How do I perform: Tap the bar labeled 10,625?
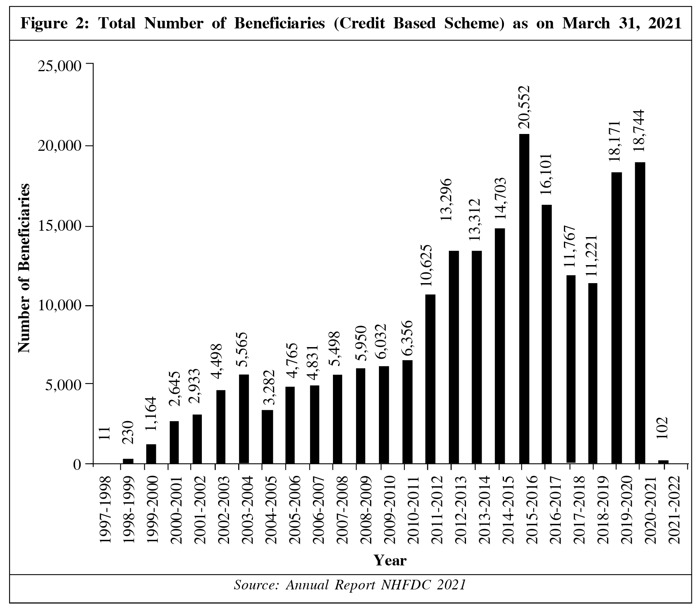(430, 379)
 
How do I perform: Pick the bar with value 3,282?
(267, 437)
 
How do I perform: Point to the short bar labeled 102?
(663, 462)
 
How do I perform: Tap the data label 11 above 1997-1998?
(104, 433)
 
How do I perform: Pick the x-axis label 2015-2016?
(531, 509)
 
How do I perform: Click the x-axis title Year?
(390, 560)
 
